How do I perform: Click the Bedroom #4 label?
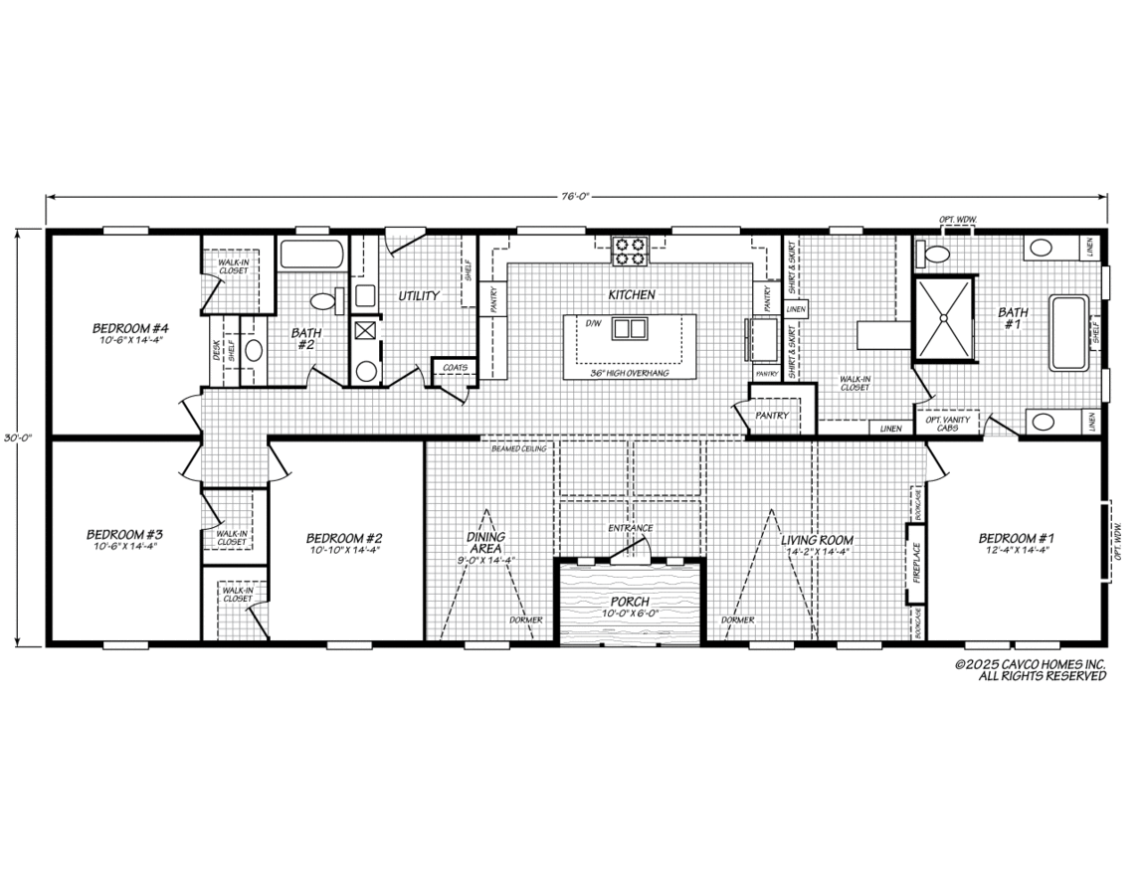pyautogui.click(x=128, y=328)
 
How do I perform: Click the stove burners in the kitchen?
pyautogui.click(x=630, y=252)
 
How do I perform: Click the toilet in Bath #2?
pyautogui.click(x=323, y=301)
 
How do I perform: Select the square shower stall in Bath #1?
pyautogui.click(x=943, y=317)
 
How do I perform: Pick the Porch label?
pyautogui.click(x=630, y=602)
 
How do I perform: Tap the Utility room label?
pyautogui.click(x=419, y=295)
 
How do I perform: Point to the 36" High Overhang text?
pyautogui.click(x=630, y=373)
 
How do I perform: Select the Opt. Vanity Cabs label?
pyautogui.click(x=947, y=423)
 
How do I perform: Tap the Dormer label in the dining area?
pyautogui.click(x=525, y=620)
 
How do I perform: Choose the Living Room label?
pyautogui.click(x=817, y=540)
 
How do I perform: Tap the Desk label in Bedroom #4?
pyautogui.click(x=216, y=349)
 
